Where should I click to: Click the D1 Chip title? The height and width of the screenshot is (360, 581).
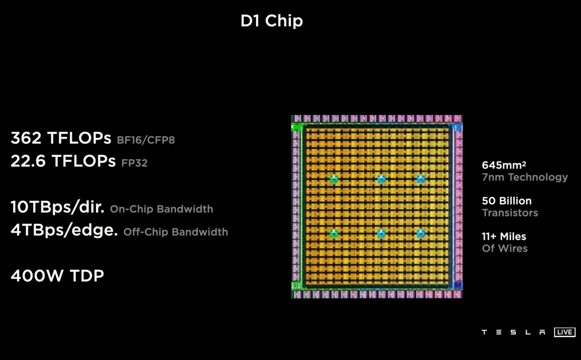click(272, 21)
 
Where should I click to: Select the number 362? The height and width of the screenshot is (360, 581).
click(26, 138)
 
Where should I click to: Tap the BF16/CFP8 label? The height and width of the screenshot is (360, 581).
click(146, 140)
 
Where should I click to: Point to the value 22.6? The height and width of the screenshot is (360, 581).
click(28, 161)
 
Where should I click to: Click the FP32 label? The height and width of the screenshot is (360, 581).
click(134, 163)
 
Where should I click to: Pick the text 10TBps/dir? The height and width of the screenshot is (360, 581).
click(57, 207)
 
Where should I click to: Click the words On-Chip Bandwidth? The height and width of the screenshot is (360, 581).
click(161, 209)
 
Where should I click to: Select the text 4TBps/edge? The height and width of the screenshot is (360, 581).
click(64, 230)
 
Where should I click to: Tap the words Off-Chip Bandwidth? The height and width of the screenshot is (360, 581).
click(175, 232)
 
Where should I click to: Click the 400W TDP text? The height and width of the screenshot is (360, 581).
click(57, 276)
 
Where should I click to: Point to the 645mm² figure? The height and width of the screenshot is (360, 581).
click(504, 165)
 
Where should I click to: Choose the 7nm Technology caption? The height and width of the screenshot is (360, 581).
click(525, 177)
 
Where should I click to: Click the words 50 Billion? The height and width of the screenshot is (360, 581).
click(507, 201)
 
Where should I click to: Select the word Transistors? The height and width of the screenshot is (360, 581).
click(510, 213)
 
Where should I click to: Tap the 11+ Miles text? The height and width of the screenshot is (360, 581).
click(504, 236)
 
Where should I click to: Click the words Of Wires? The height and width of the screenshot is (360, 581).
click(505, 248)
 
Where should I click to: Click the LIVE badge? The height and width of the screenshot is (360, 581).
click(565, 332)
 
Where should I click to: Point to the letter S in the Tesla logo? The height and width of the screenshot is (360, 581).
click(513, 332)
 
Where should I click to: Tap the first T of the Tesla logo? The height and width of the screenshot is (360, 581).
click(484, 332)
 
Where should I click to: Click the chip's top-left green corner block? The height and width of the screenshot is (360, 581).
click(297, 127)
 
